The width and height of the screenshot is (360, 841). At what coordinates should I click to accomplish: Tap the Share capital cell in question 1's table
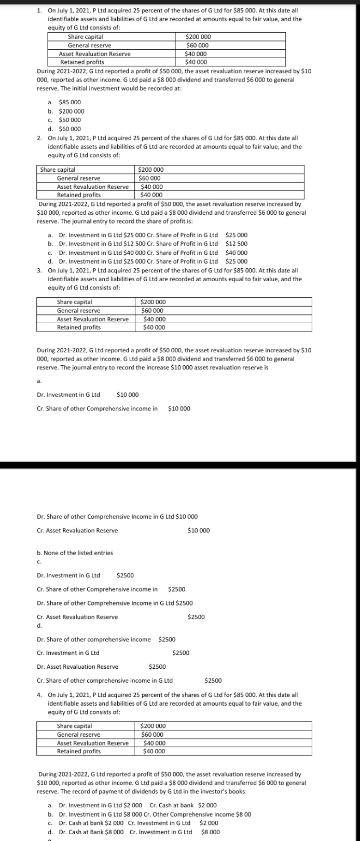pos(85,37)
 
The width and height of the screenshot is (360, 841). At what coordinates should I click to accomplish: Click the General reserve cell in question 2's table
pos(79,178)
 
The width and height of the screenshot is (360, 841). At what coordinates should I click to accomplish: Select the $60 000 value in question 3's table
pos(154,310)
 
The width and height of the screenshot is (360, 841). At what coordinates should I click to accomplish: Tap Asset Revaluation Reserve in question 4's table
pos(92,743)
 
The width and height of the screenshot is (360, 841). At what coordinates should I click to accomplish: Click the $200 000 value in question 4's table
pos(154,726)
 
